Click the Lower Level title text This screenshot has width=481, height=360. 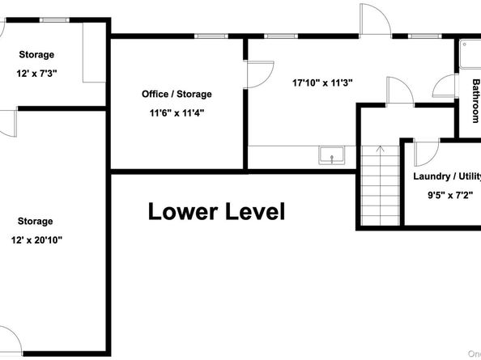[x=216, y=212]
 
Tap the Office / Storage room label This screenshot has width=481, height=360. [x=177, y=95]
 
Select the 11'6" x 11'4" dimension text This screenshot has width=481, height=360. [x=177, y=113]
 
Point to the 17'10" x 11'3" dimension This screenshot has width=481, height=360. [x=321, y=82]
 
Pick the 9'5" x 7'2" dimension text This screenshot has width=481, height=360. [x=447, y=195]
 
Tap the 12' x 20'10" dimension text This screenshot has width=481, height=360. [x=36, y=239]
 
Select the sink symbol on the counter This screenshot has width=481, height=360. [x=331, y=155]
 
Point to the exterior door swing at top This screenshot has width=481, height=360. [x=374, y=19]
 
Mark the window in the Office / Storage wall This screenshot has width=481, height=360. [x=209, y=36]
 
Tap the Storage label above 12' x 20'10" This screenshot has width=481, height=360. [x=36, y=221]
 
